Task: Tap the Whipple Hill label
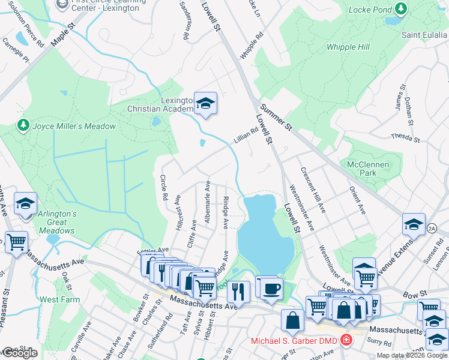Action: click(348, 46)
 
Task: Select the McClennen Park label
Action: click(368, 168)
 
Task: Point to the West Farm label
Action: click(59, 299)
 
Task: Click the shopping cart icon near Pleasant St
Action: click(16, 242)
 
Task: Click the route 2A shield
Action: click(432, 228)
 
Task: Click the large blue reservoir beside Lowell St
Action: click(264, 231)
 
